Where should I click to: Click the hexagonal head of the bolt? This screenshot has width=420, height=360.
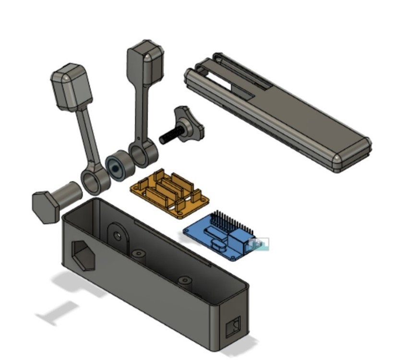(45, 206)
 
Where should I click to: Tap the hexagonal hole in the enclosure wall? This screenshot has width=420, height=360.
(84, 254)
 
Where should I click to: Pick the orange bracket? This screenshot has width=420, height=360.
(170, 192)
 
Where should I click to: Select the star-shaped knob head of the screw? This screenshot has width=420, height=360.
(190, 122)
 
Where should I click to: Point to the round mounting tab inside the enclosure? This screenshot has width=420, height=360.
(117, 236)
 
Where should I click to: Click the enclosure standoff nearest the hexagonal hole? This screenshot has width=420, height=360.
(139, 253)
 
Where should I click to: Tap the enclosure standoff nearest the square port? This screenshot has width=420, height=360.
(185, 280)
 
